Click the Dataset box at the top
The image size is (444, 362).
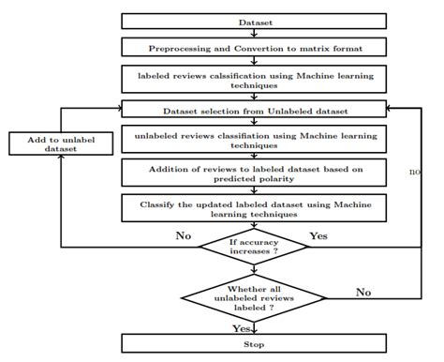[x=255, y=21]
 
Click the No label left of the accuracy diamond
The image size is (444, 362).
[x=183, y=236]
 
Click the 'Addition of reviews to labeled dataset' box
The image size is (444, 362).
[x=255, y=173]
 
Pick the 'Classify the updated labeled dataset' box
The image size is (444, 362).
[x=255, y=206]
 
